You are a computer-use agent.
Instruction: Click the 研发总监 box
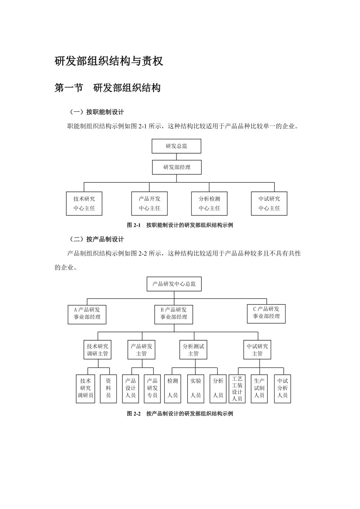[x=176, y=146]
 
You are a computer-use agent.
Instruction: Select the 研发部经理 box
[x=176, y=167]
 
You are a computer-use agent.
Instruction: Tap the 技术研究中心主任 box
[x=84, y=203]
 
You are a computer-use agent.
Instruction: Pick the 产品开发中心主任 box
[x=149, y=203]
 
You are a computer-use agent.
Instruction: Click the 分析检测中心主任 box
[x=209, y=203]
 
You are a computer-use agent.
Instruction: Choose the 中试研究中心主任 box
[x=269, y=203]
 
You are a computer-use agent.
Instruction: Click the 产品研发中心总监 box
[x=174, y=284]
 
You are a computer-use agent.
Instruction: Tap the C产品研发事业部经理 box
[x=266, y=313]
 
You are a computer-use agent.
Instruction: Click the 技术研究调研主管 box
[x=97, y=349]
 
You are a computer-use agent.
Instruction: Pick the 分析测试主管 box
[x=193, y=349]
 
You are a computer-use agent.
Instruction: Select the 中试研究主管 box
[x=257, y=349]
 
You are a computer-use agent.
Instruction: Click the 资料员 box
[x=108, y=388]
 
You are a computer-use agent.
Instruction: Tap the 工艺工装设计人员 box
[x=237, y=389]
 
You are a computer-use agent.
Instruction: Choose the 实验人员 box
[x=195, y=388]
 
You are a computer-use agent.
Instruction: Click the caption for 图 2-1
[x=180, y=225]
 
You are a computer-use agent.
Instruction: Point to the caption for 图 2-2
[x=180, y=414]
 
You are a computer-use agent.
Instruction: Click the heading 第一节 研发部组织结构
[x=108, y=88]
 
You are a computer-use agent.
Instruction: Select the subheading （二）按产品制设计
[x=97, y=239]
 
